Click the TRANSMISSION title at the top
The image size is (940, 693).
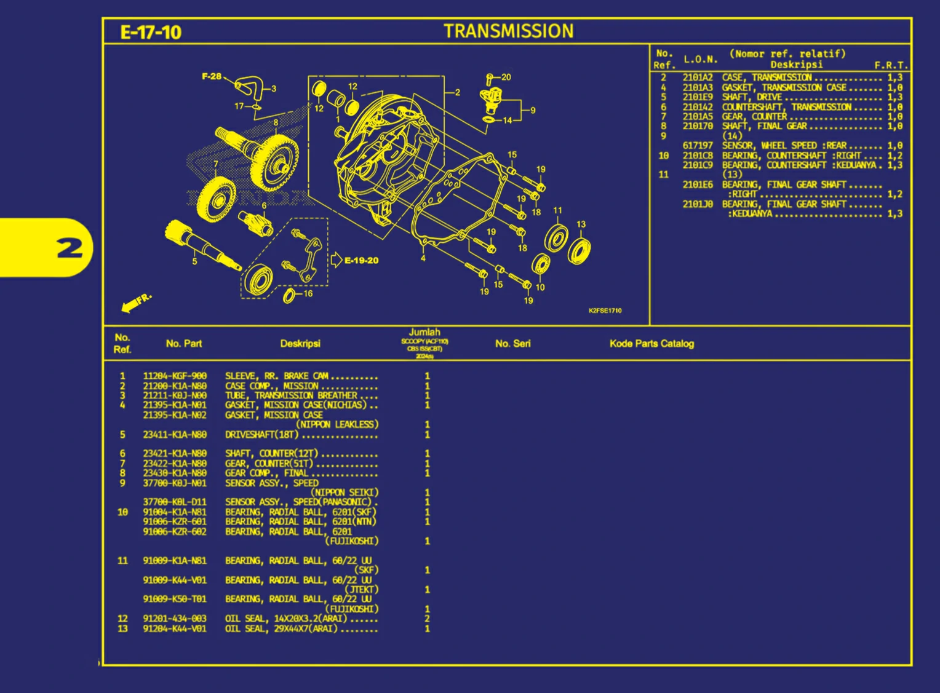pos(508,31)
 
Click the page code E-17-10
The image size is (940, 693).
pos(151,33)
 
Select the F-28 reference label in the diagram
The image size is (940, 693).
pos(211,76)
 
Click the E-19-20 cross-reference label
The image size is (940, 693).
pos(361,261)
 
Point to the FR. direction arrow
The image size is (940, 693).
pos(136,303)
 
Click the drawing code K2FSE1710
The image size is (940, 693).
pos(605,311)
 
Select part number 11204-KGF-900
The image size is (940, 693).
pos(175,376)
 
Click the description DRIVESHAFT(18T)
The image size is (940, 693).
pos(261,435)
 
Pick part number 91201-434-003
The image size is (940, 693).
pos(175,619)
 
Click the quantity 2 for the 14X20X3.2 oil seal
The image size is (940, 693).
pos(427,619)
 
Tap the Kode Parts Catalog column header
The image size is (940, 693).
pos(651,344)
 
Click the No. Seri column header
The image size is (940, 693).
pos(512,344)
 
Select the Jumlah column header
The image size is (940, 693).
pos(424,333)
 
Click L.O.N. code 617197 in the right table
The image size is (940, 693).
pos(697,146)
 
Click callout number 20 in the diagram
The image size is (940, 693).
pos(506,77)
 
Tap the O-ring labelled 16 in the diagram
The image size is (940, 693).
pos(289,297)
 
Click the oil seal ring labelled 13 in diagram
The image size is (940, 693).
pos(579,251)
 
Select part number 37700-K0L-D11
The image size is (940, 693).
pos(175,502)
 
